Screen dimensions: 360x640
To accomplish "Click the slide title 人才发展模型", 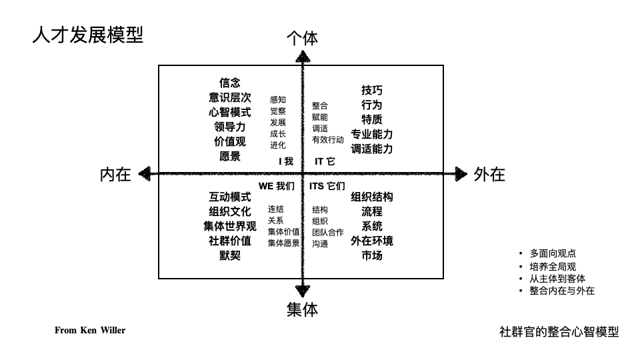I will [87, 35].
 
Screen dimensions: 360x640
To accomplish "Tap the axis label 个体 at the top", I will [302, 39].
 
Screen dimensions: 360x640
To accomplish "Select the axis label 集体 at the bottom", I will [302, 309].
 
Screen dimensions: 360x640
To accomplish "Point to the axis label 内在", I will [115, 175].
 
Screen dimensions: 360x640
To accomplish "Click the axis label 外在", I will [489, 175].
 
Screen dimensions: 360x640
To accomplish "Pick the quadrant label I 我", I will [285, 161].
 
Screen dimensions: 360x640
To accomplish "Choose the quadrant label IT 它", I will [325, 161].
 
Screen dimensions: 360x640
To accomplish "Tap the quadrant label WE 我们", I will [276, 186].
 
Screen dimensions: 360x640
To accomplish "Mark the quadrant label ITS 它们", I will [327, 186].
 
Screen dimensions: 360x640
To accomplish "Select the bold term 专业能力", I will [372, 134].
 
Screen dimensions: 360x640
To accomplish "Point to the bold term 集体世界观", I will [230, 226].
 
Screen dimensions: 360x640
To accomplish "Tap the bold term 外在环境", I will [372, 241].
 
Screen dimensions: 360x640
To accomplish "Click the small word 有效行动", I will [328, 140].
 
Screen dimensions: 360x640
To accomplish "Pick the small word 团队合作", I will [328, 233].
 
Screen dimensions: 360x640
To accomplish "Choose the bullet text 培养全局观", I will [553, 267].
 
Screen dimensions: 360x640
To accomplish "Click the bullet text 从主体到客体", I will [557, 279].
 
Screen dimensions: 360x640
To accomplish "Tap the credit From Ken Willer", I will [90, 330].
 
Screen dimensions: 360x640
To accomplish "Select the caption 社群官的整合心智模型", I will [559, 331].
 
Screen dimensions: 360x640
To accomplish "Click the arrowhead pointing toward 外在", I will [461, 174].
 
